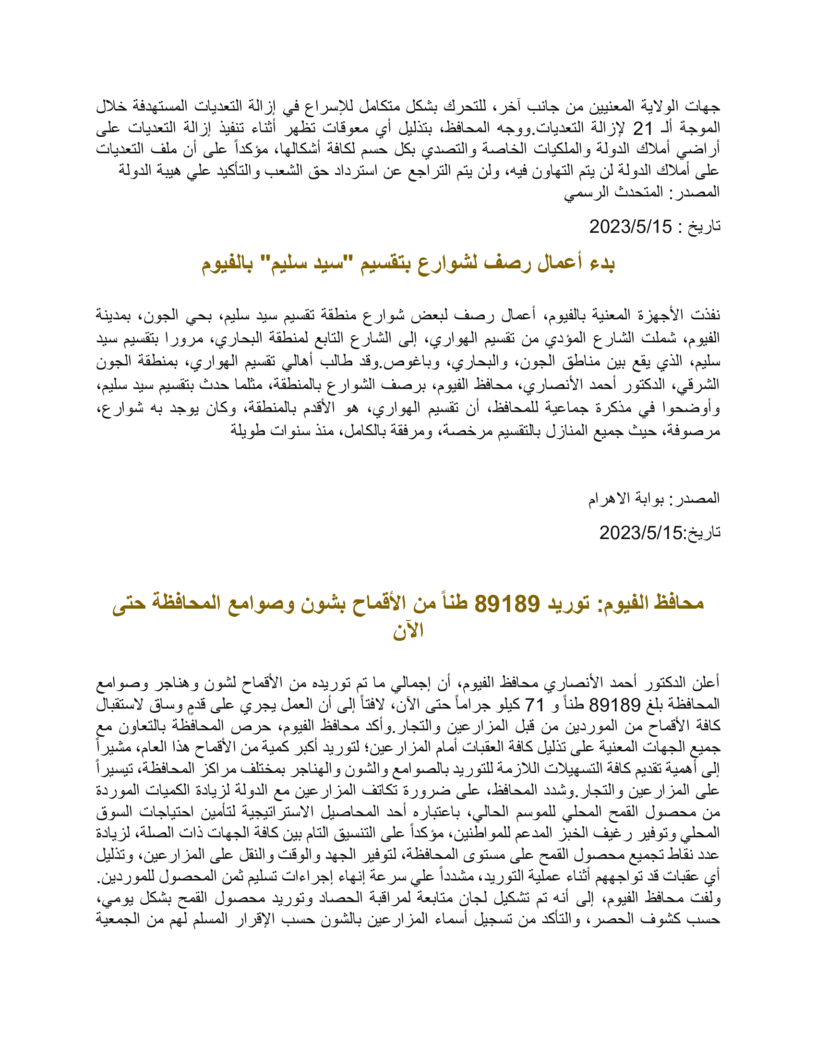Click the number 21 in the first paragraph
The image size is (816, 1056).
pyautogui.click(x=643, y=129)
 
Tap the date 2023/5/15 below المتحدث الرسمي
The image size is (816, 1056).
pyautogui.click(x=630, y=226)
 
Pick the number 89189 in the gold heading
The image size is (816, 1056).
pyautogui.click(x=507, y=603)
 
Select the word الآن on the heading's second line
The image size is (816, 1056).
pyautogui.click(x=408, y=632)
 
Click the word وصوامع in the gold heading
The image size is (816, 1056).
pyautogui.click(x=264, y=603)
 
